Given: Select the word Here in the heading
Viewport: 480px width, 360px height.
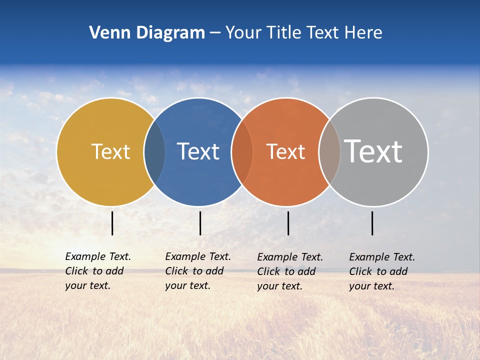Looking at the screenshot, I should pos(363,33).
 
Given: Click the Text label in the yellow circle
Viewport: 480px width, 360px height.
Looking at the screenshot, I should pos(110,151).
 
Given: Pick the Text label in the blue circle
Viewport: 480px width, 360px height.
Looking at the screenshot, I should pos(198,151).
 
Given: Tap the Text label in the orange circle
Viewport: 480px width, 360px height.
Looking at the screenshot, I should pos(285,151).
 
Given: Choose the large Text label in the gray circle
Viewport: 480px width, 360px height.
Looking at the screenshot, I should pos(373,151).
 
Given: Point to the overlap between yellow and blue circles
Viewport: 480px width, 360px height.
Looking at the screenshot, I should pos(154,151).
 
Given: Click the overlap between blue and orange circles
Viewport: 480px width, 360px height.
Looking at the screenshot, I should pos(242,151).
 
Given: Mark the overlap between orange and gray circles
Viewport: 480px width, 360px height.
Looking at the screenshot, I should pos(329,151).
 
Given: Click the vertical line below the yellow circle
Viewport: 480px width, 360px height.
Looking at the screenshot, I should pos(112,223).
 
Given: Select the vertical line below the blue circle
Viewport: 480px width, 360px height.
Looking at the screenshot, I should pos(200,223).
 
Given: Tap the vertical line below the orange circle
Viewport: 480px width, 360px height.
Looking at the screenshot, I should pos(288,223).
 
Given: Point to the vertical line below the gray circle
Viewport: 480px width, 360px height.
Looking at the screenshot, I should pos(372,223).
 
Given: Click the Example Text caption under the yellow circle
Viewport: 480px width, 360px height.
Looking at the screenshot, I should pos(98,271).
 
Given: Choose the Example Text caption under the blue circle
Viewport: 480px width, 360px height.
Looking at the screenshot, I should pos(198,271).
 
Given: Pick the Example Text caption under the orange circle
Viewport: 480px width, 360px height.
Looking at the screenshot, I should pos(290,271).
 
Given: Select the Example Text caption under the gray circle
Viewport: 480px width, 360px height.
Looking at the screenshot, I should pos(382,271).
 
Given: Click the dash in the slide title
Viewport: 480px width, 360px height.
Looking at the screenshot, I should pos(215,33).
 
